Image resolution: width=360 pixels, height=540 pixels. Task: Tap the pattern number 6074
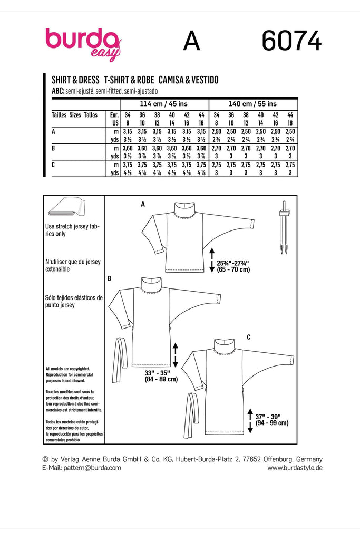click(x=291, y=41)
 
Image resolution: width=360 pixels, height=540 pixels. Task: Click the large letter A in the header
click(x=191, y=42)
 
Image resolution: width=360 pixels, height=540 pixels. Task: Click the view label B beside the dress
click(x=109, y=277)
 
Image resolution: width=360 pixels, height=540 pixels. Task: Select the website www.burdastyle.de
click(x=295, y=468)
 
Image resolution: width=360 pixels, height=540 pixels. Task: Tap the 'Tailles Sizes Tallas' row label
click(x=74, y=114)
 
